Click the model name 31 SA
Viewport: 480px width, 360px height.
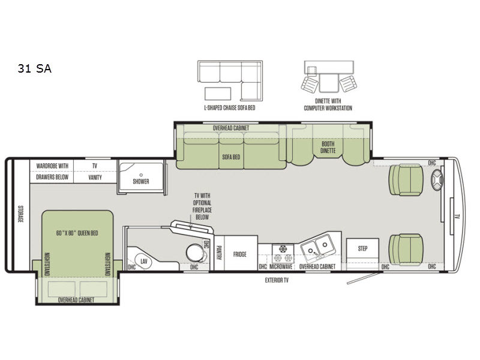35,68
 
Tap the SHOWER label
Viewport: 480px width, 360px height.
141,181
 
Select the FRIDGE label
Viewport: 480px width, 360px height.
239,254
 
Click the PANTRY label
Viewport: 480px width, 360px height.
219,253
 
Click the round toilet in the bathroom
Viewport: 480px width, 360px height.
196,253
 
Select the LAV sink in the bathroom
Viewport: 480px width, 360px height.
143,262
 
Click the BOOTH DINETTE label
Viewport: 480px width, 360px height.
328,147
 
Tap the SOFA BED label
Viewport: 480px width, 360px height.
231,157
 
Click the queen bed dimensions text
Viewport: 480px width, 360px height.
77,233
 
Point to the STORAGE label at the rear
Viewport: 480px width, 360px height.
20,214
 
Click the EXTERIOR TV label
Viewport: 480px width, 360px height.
277,280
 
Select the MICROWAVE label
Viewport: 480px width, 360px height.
281,266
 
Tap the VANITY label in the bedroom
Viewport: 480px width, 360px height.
95,177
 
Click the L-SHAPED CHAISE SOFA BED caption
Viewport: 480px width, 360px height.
230,108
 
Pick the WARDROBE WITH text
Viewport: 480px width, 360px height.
52,166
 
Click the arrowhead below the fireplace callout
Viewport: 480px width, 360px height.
190,227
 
